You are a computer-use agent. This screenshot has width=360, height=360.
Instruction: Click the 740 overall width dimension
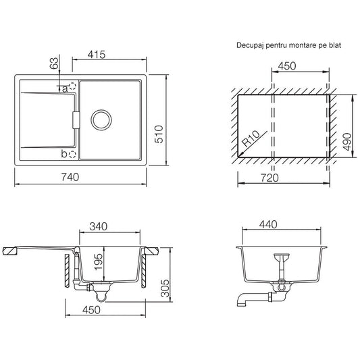70,177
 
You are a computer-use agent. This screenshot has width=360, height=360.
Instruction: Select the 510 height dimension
159,134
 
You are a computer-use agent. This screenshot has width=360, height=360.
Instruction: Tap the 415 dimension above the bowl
97,55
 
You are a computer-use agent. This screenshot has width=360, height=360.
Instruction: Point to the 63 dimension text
54,63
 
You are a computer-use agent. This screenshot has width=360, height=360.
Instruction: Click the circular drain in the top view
101,120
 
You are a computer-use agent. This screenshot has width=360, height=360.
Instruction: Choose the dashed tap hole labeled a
72,86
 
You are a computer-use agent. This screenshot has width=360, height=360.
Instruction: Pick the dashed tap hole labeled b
72,154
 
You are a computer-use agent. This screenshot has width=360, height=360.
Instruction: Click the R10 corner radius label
251,138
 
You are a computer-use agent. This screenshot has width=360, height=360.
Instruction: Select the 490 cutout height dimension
347,142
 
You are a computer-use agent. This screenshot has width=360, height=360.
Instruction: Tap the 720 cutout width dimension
269,178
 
